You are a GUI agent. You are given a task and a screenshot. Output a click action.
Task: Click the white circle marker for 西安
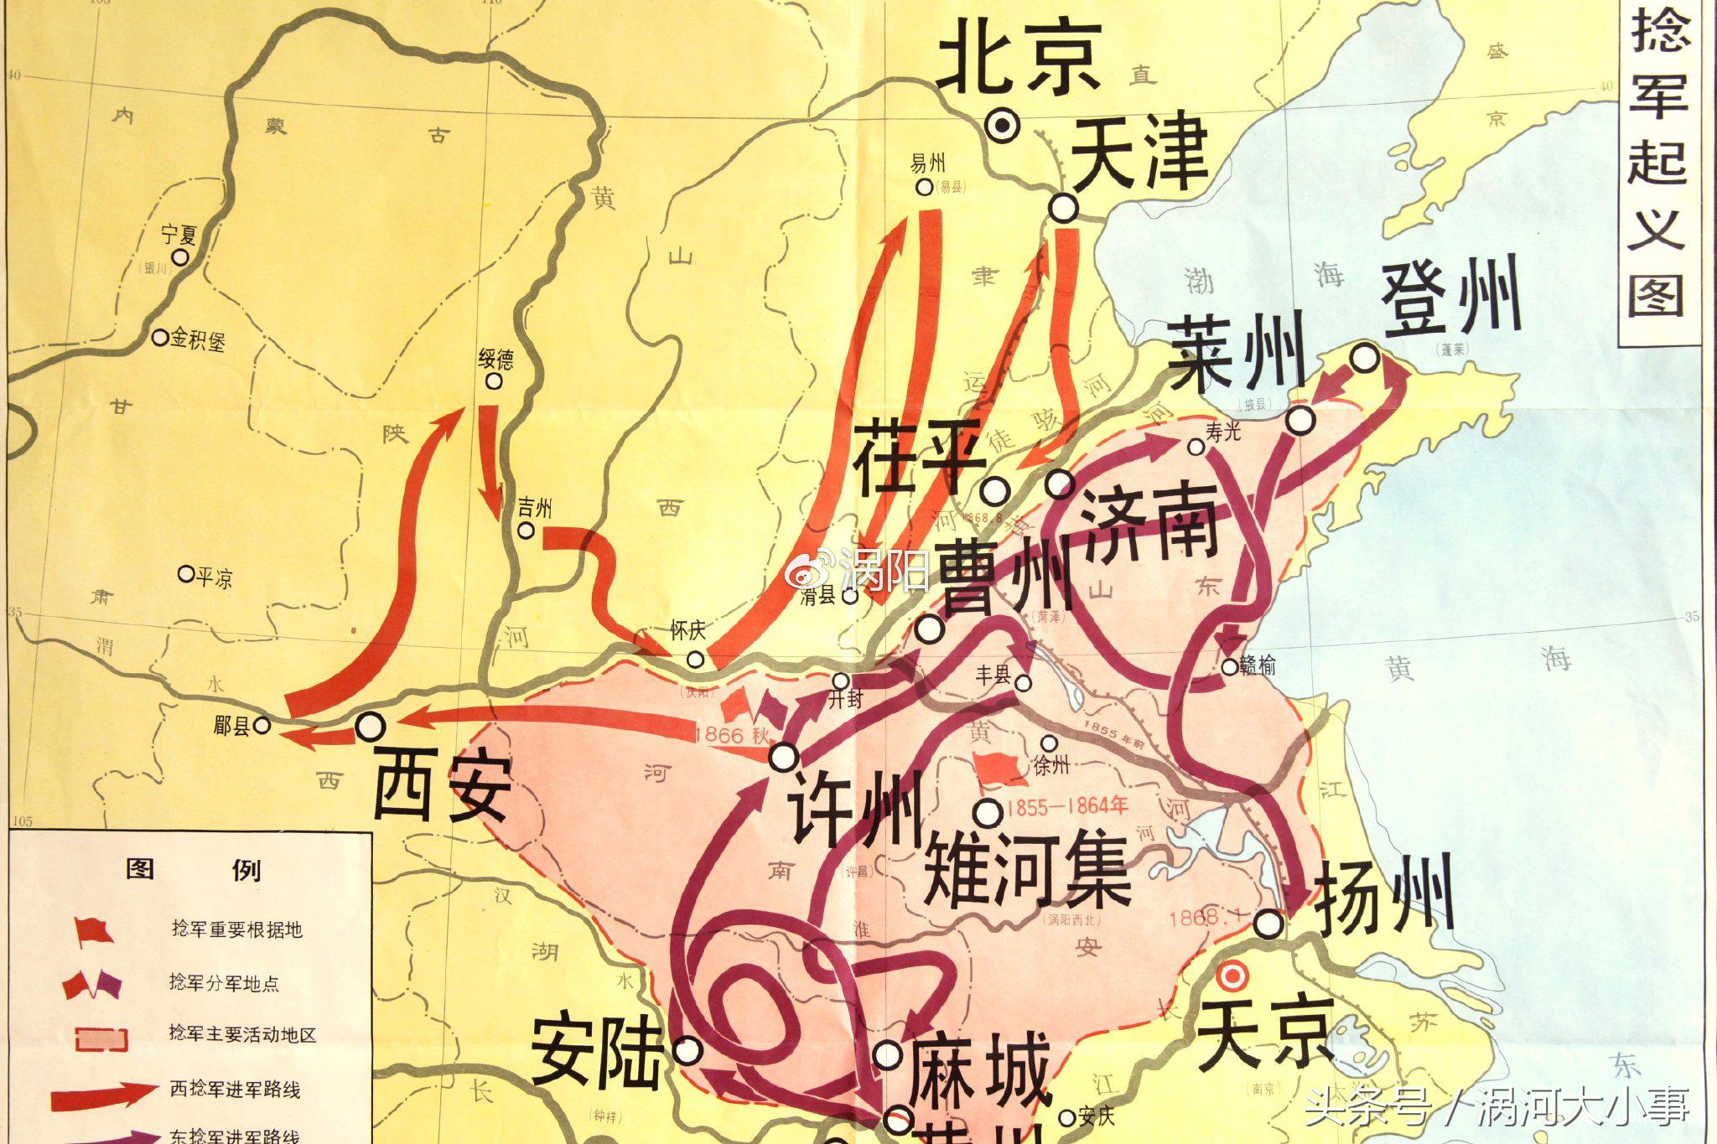tap(371, 726)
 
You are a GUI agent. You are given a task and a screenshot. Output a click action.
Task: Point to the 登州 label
tap(1451, 298)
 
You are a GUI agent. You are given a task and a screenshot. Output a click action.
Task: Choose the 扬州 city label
tap(1383, 901)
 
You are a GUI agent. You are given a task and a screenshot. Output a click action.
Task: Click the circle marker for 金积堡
tap(160, 338)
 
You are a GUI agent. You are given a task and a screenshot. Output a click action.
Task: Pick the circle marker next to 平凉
tap(186, 574)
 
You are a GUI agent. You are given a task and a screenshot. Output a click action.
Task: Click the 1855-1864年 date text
tap(1067, 807)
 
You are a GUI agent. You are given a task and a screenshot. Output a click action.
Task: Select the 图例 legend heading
tap(193, 870)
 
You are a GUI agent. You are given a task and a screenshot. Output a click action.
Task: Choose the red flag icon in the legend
tap(92, 930)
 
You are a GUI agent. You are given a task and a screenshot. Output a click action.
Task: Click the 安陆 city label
tap(596, 1052)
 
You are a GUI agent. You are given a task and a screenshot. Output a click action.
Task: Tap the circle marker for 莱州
tap(1300, 420)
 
